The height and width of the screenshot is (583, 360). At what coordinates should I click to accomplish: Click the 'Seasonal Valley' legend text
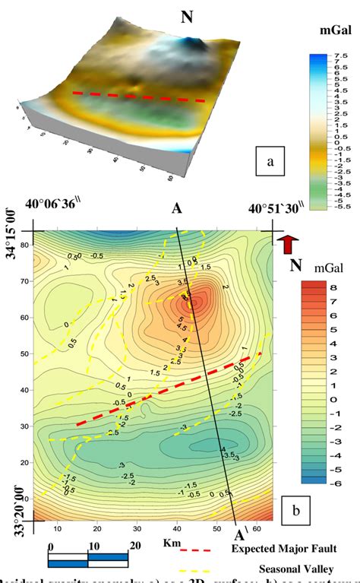coord(291,568)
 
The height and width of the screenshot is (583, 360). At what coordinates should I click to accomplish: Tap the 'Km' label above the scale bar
coord(172,543)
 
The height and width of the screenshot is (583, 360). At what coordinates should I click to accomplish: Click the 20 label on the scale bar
coord(134,545)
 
